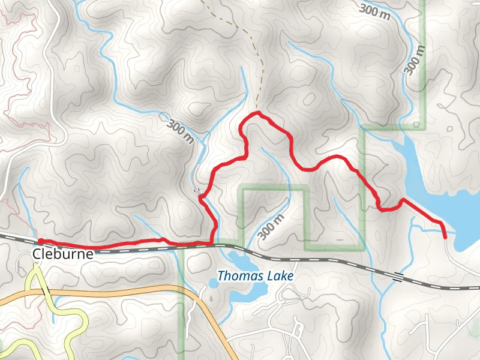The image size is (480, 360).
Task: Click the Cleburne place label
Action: click(64, 254)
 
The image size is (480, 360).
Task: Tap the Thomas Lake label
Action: click(255, 277)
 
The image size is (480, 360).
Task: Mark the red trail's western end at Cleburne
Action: click(40, 241)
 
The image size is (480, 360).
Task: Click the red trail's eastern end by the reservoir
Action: click(445, 238)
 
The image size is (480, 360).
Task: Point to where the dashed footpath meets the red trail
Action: click(257, 112)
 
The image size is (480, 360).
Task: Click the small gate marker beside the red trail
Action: click(196, 191)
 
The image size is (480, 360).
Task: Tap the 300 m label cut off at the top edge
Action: click(375, 10)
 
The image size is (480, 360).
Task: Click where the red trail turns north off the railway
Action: click(213, 242)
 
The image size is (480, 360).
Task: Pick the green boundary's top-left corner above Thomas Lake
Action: click(242, 190)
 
